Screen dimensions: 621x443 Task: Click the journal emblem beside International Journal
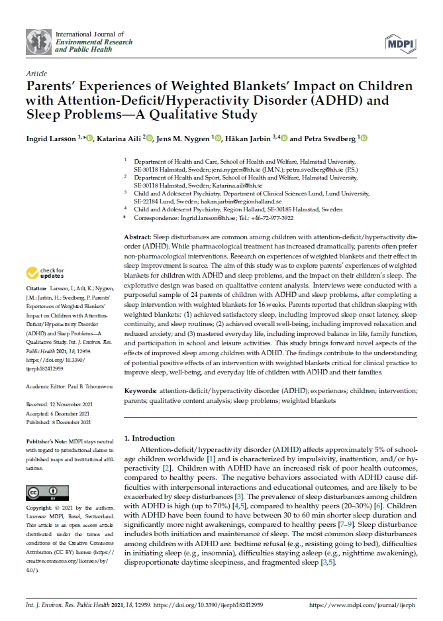point(39,42)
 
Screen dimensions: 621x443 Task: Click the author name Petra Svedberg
point(329,139)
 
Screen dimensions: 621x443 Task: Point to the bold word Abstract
point(138,237)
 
